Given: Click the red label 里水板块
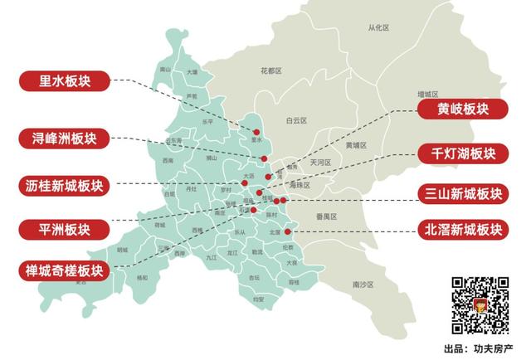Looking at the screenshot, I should (x=66, y=81).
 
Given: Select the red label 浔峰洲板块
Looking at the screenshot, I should (x=66, y=137).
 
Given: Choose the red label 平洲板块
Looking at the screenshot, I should (x=66, y=228).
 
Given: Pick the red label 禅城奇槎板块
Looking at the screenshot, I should (x=66, y=270).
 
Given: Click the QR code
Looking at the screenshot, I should (x=480, y=304).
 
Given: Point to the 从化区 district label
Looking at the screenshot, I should (x=379, y=28).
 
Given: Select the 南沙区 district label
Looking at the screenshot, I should (x=363, y=285).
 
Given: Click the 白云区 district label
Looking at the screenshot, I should (x=296, y=120).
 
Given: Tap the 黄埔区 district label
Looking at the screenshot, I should (x=353, y=144).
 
